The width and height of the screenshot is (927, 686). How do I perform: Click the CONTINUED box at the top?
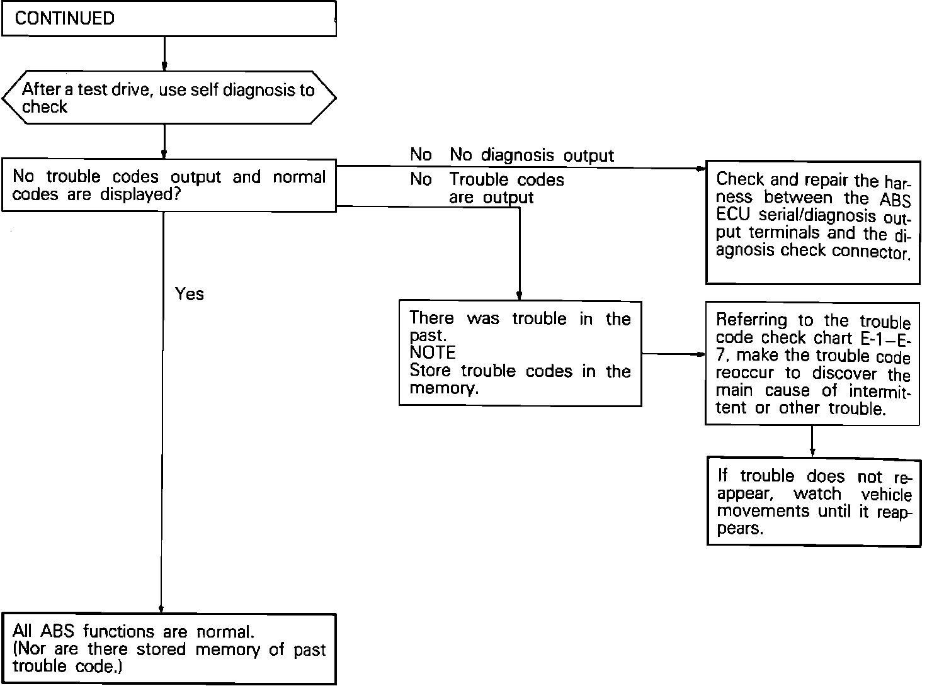[169, 18]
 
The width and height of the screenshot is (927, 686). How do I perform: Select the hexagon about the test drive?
[169, 98]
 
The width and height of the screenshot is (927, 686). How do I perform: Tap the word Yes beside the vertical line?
[190, 294]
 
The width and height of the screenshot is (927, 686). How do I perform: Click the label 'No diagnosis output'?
[512, 155]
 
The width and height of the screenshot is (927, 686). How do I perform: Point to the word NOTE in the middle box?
[433, 353]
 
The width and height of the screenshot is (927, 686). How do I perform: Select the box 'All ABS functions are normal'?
[169, 649]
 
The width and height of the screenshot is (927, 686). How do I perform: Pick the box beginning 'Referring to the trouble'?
[812, 364]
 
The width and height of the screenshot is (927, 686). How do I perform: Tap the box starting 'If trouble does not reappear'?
[814, 501]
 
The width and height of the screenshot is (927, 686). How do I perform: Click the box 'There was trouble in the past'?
[520, 353]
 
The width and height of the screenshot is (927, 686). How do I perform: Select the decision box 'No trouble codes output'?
[169, 186]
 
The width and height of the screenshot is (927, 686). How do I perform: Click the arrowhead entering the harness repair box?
[701, 169]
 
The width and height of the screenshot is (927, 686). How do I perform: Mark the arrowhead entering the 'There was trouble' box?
[519, 296]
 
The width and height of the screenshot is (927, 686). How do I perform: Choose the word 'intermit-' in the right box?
[879, 391]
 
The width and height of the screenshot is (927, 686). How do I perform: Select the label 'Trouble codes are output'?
[506, 188]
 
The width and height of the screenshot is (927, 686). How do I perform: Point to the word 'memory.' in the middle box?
[443, 388]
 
